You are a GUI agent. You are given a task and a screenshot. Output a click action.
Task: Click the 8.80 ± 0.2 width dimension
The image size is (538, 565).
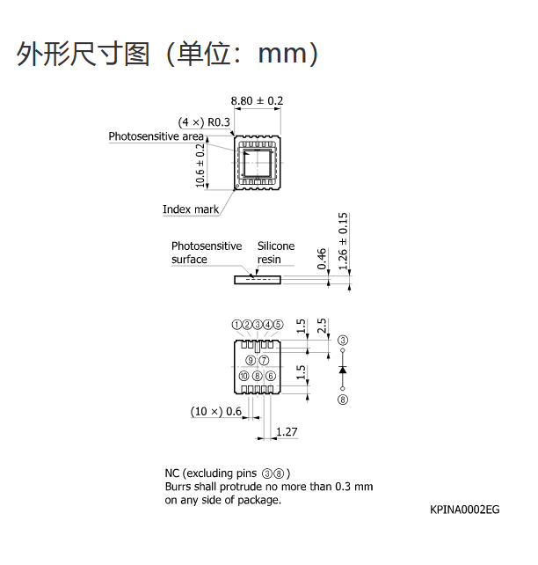[x=257, y=100]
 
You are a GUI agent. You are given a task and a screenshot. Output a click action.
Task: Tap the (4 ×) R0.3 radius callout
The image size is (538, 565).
[x=204, y=122]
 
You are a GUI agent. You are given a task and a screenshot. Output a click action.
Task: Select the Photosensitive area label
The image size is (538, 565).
[x=156, y=136]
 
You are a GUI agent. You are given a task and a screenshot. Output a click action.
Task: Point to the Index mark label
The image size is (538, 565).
[x=191, y=209]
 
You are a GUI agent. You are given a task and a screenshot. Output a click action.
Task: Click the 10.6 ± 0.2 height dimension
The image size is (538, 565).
[x=200, y=165]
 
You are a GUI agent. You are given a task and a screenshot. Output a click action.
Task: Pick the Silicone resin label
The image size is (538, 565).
[x=276, y=253]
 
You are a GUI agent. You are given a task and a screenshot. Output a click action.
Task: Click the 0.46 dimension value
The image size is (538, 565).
[x=322, y=259]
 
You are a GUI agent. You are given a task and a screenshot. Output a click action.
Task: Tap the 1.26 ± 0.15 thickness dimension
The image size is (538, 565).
[x=343, y=241]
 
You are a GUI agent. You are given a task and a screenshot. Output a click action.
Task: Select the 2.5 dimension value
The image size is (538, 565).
[x=322, y=326]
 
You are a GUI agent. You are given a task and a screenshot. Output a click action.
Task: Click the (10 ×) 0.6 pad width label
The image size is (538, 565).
[x=216, y=411]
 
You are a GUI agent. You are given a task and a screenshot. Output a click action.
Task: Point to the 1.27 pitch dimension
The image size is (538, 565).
[x=287, y=432]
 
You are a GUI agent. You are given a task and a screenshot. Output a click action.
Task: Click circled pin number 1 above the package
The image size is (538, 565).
[x=236, y=325]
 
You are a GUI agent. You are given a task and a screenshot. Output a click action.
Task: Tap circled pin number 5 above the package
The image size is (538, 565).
[x=278, y=325]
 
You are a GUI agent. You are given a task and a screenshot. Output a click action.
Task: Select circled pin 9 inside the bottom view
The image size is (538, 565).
[x=251, y=360]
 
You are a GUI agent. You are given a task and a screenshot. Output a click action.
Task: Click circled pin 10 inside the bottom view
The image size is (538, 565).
[x=244, y=376]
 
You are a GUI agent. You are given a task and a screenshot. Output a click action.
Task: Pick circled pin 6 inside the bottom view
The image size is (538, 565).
[x=270, y=376]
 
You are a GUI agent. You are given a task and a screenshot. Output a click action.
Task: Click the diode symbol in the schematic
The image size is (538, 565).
[x=343, y=370]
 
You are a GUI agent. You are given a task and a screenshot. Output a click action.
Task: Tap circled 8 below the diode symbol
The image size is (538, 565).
[x=343, y=400]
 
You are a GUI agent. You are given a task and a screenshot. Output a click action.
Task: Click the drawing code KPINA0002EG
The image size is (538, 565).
[x=464, y=510]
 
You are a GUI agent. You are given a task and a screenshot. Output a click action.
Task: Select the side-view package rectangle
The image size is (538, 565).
[x=258, y=280]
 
